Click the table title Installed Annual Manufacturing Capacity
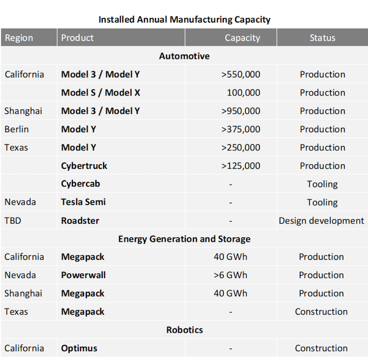[x=184, y=20]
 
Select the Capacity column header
[x=242, y=38]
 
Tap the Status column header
[x=322, y=38]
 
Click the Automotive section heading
[x=184, y=56]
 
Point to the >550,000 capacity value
[x=241, y=74]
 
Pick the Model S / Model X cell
[x=100, y=92]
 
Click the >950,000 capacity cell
[x=241, y=111]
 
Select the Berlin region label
[x=17, y=129]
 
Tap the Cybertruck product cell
[x=84, y=166]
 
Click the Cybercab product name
[x=81, y=184]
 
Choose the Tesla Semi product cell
[x=84, y=202]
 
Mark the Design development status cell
[x=321, y=221]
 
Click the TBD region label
[x=13, y=221]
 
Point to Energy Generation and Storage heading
[x=184, y=239]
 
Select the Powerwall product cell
[x=84, y=275]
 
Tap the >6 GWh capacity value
[x=230, y=275]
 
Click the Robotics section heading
[x=184, y=330]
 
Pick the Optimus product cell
[x=79, y=348]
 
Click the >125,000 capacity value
[x=241, y=166]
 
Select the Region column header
[x=19, y=38]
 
